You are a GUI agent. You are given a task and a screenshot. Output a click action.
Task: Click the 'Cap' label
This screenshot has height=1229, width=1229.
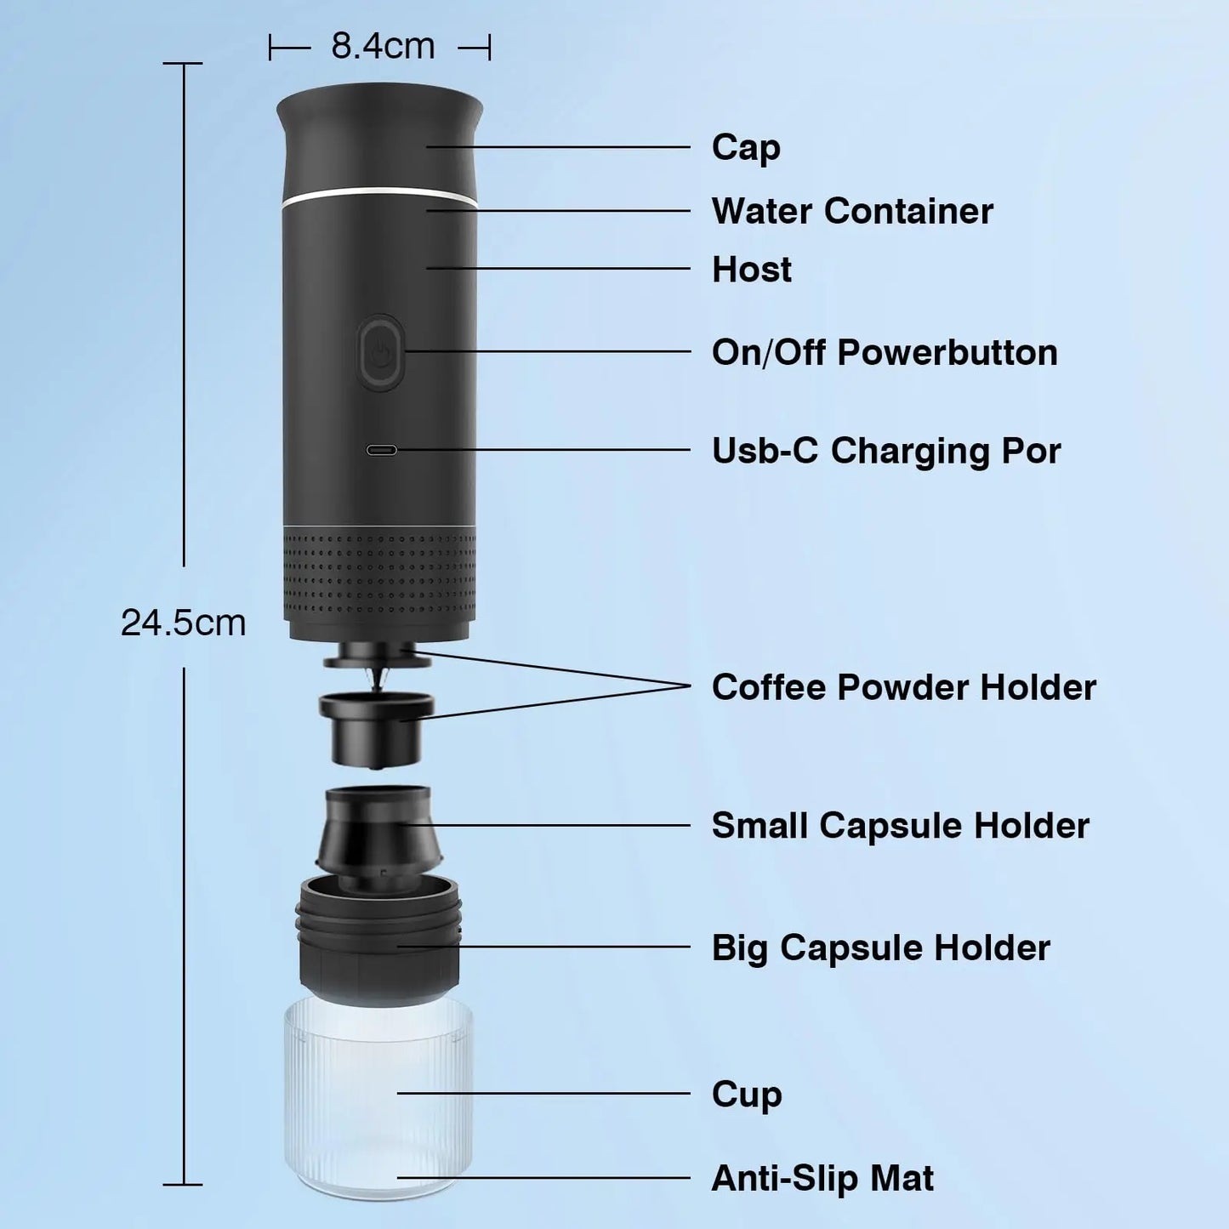pos(746,147)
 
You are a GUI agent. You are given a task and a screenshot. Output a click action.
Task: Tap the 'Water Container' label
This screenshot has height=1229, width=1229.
pos(851,211)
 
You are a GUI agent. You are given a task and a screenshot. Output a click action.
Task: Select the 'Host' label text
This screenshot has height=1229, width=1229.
pos(751,270)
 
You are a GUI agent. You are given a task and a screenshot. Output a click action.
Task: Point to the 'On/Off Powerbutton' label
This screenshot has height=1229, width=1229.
pos(885,352)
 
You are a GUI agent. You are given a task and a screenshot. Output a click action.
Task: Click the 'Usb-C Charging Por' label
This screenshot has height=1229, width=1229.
pos(885,451)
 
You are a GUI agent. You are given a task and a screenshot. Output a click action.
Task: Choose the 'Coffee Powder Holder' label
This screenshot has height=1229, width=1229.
pos(903,687)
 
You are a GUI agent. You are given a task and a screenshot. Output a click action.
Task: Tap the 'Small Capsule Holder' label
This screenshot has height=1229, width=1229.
pos(900,825)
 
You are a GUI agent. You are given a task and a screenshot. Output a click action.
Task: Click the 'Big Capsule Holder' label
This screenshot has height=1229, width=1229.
pos(880,947)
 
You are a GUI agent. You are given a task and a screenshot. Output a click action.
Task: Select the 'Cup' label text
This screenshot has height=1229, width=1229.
pos(746,1095)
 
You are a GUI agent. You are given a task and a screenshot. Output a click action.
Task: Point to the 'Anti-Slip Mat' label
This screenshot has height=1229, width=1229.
pos(822,1179)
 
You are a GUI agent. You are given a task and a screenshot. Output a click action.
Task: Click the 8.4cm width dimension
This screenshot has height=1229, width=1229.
pos(382,46)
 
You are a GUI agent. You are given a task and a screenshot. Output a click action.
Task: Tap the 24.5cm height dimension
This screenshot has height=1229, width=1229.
pos(183,623)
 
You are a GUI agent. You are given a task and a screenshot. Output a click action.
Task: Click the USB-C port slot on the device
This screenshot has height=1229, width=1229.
pos(381,450)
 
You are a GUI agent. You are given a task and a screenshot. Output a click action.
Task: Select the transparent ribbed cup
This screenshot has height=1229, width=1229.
pos(378,1097)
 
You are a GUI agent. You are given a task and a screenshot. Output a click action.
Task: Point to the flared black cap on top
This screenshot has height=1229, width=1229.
pos(379,136)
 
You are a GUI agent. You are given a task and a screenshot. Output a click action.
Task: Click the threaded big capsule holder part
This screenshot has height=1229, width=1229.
pos(379,940)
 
